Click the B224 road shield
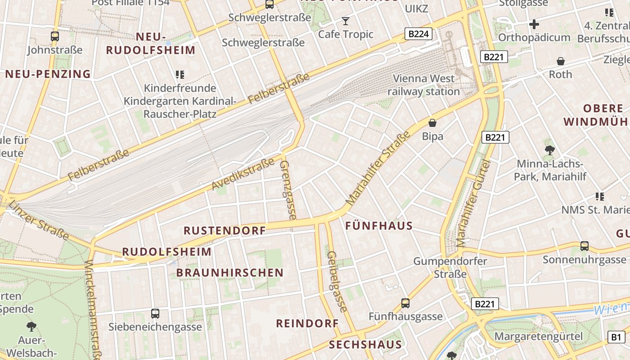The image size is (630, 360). pyautogui.click(x=418, y=34)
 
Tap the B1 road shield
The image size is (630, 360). pyautogui.click(x=616, y=337)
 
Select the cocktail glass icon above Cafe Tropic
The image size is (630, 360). pyautogui.click(x=345, y=21)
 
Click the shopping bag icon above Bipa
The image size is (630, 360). pyautogui.click(x=432, y=122)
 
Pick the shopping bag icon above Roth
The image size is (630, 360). pyautogui.click(x=561, y=61)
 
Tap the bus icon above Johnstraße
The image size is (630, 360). pyautogui.click(x=55, y=36)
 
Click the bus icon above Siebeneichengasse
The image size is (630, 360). pyautogui.click(x=155, y=313)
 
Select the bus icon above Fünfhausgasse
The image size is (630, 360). pyautogui.click(x=405, y=303)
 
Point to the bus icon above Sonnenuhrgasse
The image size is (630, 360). pyautogui.click(x=584, y=246)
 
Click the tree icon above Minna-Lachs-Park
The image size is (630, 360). pyautogui.click(x=549, y=150)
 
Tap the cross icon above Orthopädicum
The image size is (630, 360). pyautogui.click(x=534, y=24)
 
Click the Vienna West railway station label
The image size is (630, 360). pyautogui.click(x=423, y=85)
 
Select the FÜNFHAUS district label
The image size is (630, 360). pyautogui.click(x=379, y=226)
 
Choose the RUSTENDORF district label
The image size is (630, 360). pyautogui.click(x=225, y=230)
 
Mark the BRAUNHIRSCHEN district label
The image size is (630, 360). pyautogui.click(x=230, y=273)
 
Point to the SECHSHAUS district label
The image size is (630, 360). pyautogui.click(x=365, y=345)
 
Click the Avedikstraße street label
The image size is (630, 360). pyautogui.click(x=243, y=174)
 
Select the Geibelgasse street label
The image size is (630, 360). pyautogui.click(x=337, y=281)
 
